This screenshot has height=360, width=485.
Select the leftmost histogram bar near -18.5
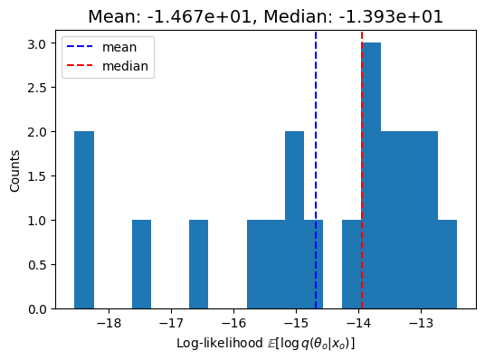[x=84, y=221]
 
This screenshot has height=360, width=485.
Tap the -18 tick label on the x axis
[x=109, y=322]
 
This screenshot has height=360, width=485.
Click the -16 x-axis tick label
[x=233, y=322]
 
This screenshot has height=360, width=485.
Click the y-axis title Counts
[x=15, y=170]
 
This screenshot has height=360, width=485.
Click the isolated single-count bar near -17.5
[x=141, y=265]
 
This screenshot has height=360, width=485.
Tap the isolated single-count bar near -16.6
[x=199, y=265]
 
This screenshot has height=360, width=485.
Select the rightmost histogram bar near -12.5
[x=448, y=265]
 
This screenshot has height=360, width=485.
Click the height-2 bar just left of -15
[x=295, y=221]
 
